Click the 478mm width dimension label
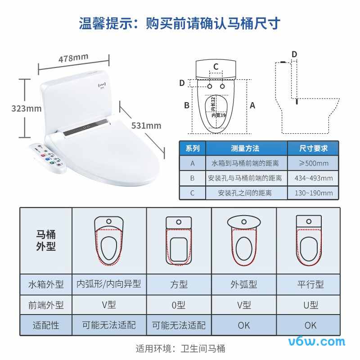click(73, 58)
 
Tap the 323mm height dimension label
click(26, 108)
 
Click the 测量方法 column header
click(245, 148)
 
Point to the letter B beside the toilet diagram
click(186, 105)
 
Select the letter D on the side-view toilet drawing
click(294, 54)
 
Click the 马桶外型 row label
click(46, 241)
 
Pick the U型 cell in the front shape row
click(310, 305)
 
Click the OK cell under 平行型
click(310, 325)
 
